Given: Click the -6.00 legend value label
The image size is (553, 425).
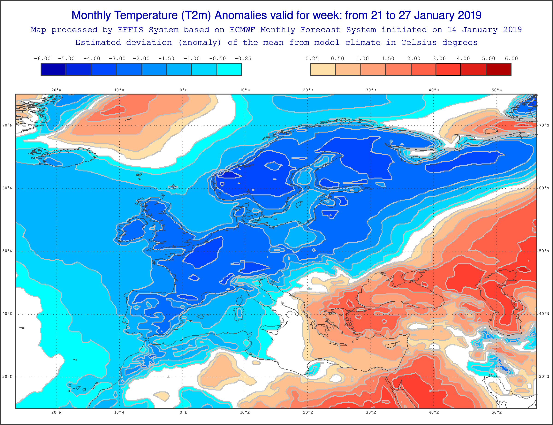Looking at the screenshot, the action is (42, 59).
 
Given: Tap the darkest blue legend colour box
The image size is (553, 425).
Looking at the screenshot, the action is (53, 69).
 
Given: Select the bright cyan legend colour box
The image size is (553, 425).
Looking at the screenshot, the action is (229, 69).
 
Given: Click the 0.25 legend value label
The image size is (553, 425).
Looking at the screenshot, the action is (312, 59).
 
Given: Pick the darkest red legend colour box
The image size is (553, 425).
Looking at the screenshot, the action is (499, 69).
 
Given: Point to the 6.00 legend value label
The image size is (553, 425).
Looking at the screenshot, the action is (511, 59).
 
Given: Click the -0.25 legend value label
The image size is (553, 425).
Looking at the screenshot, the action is (243, 59).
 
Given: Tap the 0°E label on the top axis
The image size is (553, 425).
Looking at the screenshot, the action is (184, 90).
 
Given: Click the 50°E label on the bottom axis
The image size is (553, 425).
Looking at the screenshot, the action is (497, 412).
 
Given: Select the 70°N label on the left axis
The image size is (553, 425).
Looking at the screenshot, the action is (7, 125).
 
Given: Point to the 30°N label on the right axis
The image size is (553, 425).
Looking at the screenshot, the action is (544, 376).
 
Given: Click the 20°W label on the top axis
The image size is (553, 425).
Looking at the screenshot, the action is (56, 90).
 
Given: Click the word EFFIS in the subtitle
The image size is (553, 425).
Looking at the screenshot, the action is (130, 30).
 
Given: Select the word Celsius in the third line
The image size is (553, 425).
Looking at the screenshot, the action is (419, 42).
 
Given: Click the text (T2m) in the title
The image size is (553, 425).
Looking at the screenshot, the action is (196, 15).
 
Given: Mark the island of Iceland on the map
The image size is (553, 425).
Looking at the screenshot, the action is (63, 157).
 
